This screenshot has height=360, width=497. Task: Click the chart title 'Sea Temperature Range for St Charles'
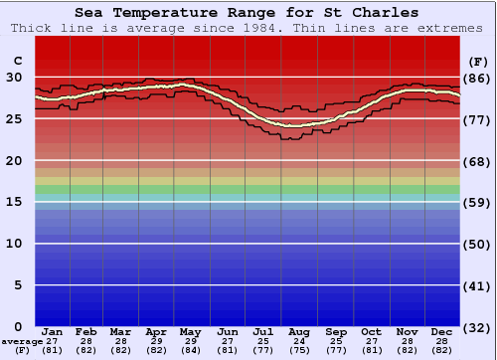click(x=247, y=13)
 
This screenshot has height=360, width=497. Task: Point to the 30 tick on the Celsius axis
click(x=16, y=77)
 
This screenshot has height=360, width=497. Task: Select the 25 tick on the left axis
click(x=16, y=118)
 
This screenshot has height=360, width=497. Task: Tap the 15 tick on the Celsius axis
click(x=16, y=202)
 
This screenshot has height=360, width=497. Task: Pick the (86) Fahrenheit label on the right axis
click(x=478, y=78)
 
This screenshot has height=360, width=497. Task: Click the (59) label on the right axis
click(x=478, y=203)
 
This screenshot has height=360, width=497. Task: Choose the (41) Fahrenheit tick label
click(x=478, y=286)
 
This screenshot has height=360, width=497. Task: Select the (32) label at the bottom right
click(x=478, y=327)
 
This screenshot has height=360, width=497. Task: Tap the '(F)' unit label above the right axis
click(x=478, y=61)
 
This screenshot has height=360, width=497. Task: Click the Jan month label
click(x=53, y=331)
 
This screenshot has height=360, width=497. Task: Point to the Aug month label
click(x=299, y=331)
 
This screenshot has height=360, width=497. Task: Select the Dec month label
click(x=442, y=331)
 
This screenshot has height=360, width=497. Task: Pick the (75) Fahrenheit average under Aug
click(x=299, y=350)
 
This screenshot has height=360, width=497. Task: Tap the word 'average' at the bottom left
click(x=22, y=341)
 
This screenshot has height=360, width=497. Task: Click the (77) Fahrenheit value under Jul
click(x=263, y=350)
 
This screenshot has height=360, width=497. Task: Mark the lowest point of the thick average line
click(x=295, y=126)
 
